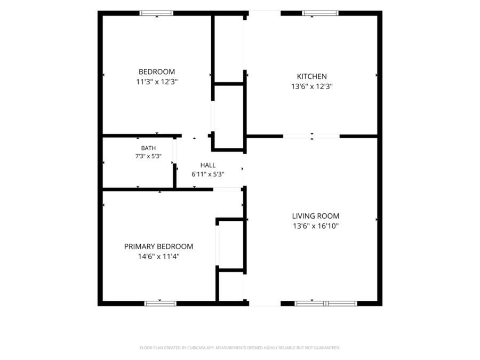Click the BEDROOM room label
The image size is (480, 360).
coord(157,71)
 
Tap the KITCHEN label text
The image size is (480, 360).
coord(311,76)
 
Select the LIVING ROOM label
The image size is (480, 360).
coord(316,216)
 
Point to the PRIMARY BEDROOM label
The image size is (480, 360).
coord(158,246)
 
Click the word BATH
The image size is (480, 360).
coord(148,148)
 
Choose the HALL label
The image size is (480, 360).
coord(208,165)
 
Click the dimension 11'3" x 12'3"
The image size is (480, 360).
coord(157,82)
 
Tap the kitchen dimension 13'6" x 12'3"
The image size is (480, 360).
coord(311,86)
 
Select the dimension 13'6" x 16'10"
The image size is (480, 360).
coord(316,226)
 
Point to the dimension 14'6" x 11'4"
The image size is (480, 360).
coord(158,257)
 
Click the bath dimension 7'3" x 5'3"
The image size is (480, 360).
coord(148,156)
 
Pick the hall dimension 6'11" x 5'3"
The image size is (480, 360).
coord(208,174)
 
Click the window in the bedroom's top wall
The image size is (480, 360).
coord(156,13)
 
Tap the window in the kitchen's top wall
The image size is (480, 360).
coord(320,13)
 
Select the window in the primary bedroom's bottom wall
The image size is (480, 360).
coord(161,303)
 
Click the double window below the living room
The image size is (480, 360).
coord(326,303)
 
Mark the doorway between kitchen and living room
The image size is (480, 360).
coord(311,136)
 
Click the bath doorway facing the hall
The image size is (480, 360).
coord(174,150)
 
